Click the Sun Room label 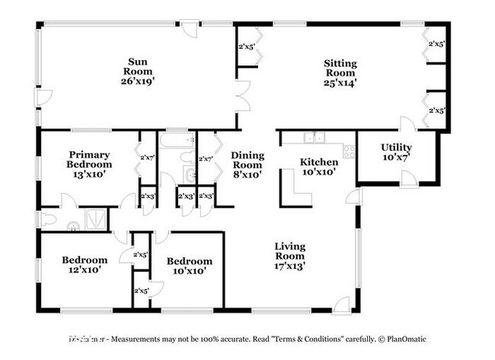[137, 68]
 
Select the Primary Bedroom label [88, 160]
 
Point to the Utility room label [396, 148]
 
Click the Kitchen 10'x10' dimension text [319, 173]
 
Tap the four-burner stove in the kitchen [349, 150]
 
